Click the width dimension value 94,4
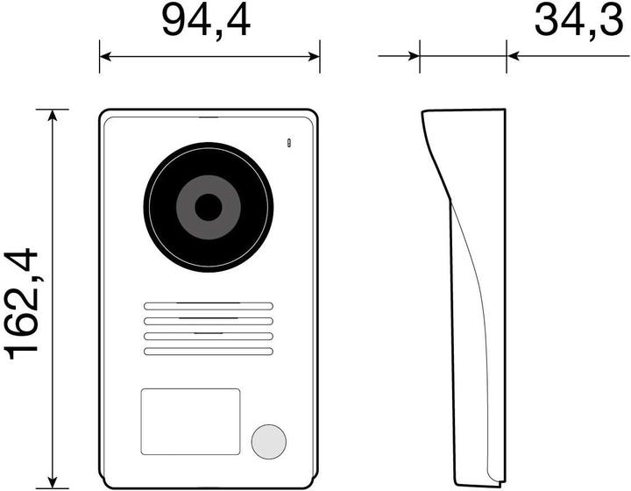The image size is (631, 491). pos(206,22)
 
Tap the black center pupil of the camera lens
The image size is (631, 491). pos(208,208)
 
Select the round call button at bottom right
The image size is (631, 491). pos(268,441)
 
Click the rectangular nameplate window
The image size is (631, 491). pos(190,422)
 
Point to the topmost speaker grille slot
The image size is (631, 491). pos(208,306)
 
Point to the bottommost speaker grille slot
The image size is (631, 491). pos(208,352)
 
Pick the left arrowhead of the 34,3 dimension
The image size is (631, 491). pos(414,57)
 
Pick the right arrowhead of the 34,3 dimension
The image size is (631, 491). pos(513,57)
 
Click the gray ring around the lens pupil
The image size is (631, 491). pos(187,208)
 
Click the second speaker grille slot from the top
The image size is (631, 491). pos(208,321)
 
